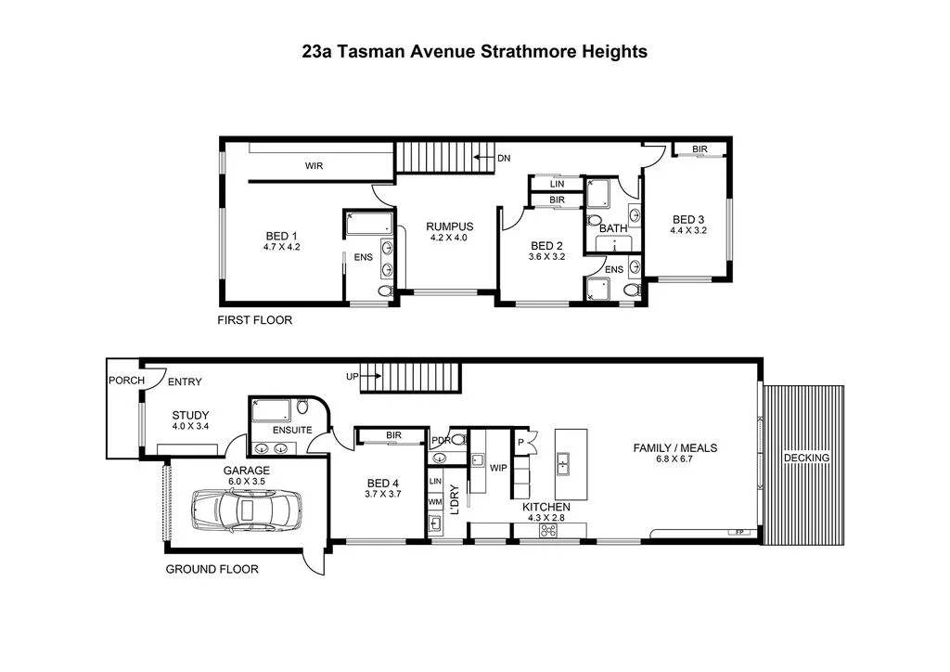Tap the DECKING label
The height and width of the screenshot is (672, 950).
(806, 459)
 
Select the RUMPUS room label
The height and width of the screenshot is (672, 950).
(450, 226)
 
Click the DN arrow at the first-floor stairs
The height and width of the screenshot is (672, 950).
(484, 158)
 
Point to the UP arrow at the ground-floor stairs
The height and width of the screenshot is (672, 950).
(371, 376)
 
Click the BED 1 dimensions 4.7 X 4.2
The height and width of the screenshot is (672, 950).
(282, 247)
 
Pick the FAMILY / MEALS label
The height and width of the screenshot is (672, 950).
(675, 447)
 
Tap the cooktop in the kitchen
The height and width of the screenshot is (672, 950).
(548, 532)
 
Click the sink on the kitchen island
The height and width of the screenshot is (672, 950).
(563, 464)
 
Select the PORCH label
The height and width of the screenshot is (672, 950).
(126, 381)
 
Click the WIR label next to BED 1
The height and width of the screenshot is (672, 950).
(314, 165)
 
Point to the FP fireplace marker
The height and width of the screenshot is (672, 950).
(739, 532)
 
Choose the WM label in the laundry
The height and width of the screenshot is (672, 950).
(435, 502)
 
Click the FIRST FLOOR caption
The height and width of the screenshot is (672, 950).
(254, 320)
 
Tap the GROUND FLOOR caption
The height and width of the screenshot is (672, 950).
(212, 569)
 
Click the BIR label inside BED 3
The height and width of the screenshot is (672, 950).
(700, 149)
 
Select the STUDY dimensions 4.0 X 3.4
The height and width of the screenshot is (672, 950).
(190, 426)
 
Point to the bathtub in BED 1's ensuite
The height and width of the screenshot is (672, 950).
(369, 224)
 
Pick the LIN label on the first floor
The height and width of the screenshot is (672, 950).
(557, 184)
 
